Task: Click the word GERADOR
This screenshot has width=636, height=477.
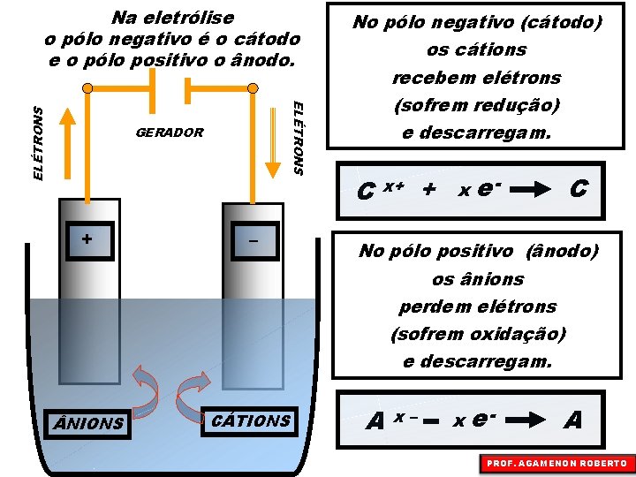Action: [x=170, y=133]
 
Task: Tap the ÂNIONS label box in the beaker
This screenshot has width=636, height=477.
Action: [x=89, y=423]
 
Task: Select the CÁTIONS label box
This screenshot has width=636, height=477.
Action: [x=252, y=420]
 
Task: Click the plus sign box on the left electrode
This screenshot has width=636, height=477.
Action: [x=87, y=239]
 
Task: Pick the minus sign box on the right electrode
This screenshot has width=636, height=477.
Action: [x=254, y=240]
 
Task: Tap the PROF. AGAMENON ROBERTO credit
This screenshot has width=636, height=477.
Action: [x=556, y=463]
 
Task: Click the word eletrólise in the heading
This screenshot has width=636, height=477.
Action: [x=192, y=18]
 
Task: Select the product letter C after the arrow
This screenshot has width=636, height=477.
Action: [x=579, y=188]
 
